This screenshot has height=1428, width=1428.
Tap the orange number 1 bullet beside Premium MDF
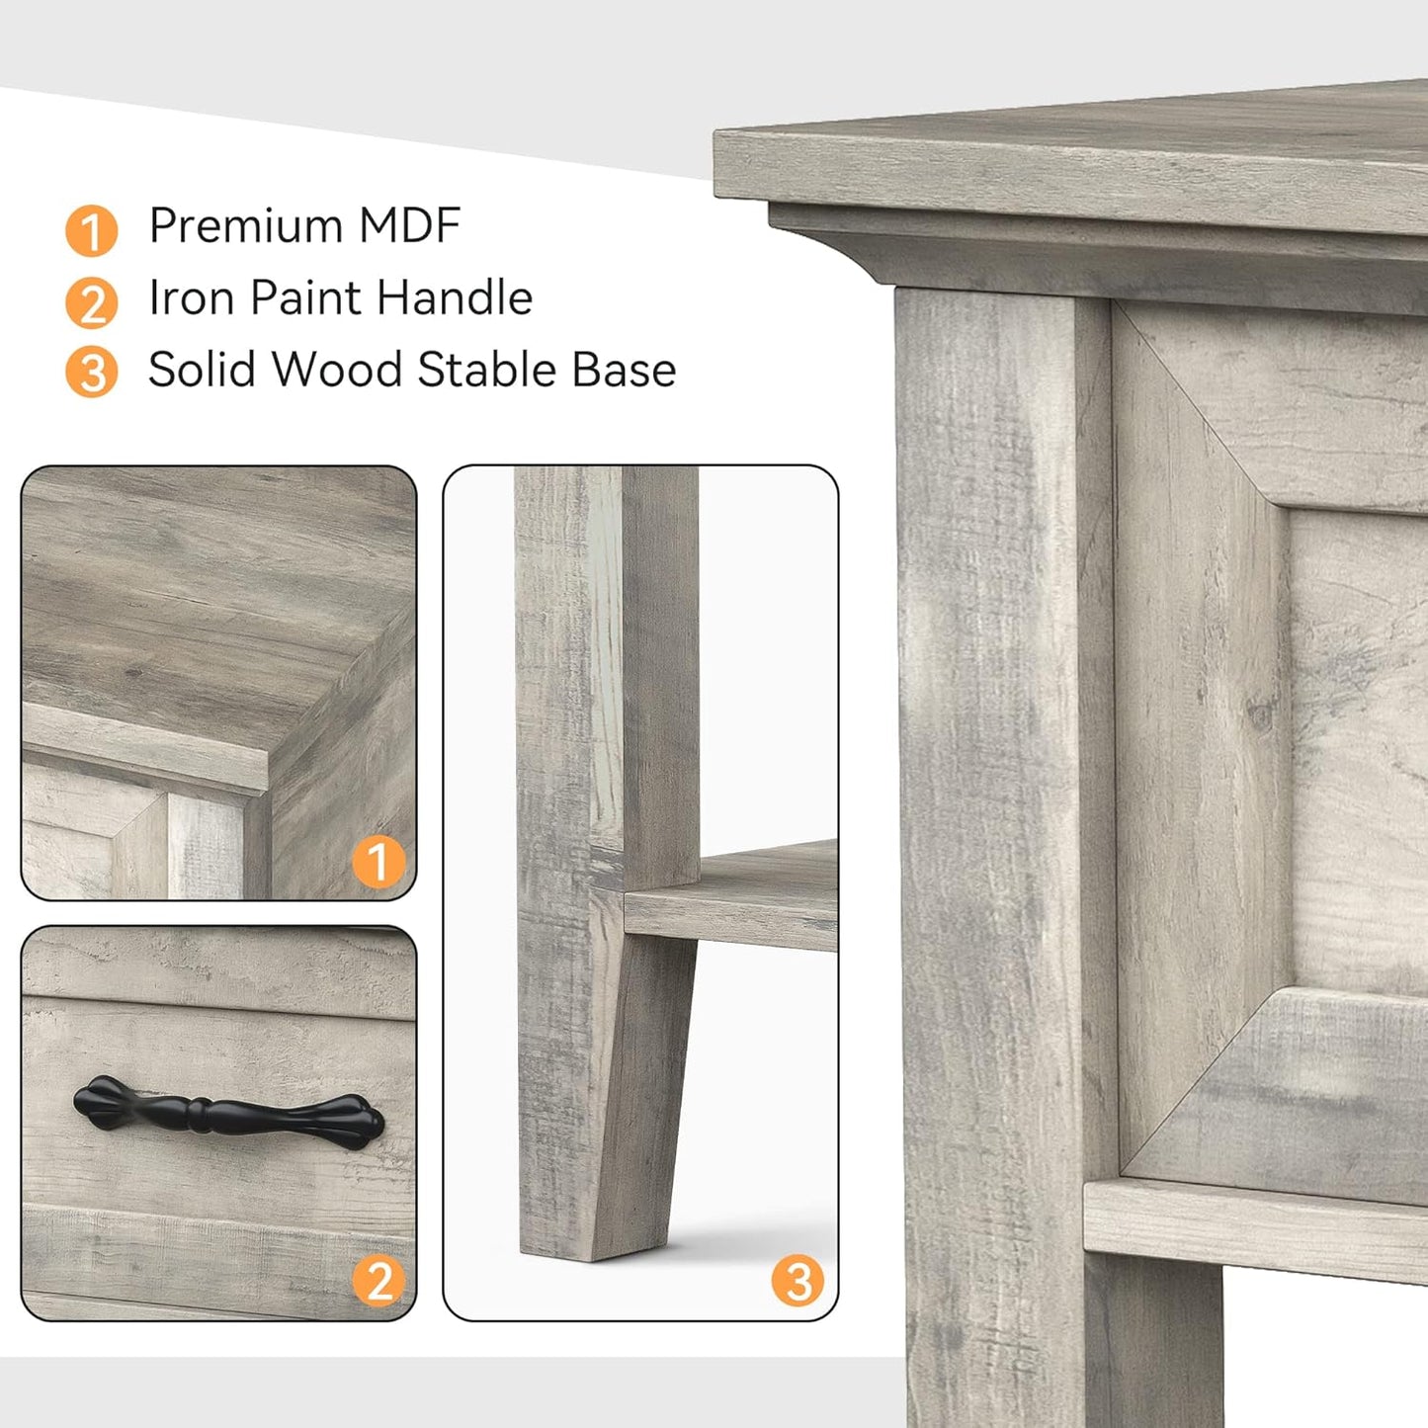point(92,230)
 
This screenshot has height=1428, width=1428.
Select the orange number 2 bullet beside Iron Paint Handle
point(92,302)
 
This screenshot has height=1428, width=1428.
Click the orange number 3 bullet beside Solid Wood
point(92,373)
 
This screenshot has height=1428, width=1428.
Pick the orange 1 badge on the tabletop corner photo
point(378,861)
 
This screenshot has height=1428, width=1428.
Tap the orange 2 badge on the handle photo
point(378,1281)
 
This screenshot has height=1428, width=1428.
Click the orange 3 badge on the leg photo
point(798,1281)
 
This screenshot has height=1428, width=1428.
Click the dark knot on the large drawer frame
point(1260,714)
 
